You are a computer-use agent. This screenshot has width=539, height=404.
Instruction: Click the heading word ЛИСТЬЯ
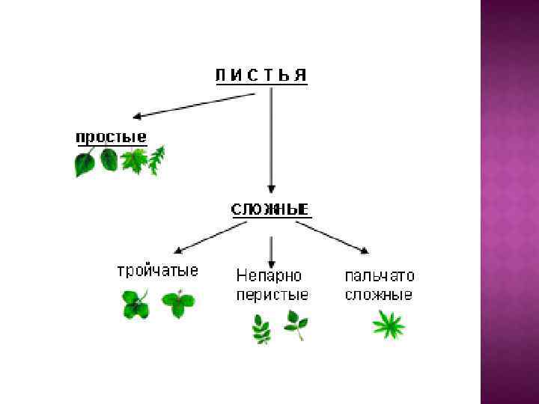point(261,75)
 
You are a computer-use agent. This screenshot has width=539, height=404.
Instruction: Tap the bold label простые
point(111,138)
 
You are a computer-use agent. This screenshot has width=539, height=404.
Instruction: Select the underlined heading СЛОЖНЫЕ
point(270,209)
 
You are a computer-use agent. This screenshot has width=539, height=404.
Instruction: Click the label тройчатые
point(157,270)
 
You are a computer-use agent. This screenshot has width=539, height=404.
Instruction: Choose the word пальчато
point(380,275)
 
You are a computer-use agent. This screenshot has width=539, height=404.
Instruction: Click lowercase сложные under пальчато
point(379,294)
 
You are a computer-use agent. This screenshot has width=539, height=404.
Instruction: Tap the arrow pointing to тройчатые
point(205,239)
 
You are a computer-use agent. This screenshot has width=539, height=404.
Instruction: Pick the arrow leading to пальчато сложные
point(337,239)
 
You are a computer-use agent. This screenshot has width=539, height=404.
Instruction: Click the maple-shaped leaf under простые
point(134,161)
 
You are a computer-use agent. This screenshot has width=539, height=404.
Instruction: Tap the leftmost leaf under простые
point(85,163)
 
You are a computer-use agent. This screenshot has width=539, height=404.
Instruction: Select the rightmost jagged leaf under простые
point(156,160)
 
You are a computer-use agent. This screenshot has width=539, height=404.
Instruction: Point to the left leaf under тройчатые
point(135,304)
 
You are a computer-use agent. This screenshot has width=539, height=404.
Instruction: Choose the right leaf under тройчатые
point(178,304)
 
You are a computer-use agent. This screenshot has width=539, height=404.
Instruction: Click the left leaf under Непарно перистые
point(261,328)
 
